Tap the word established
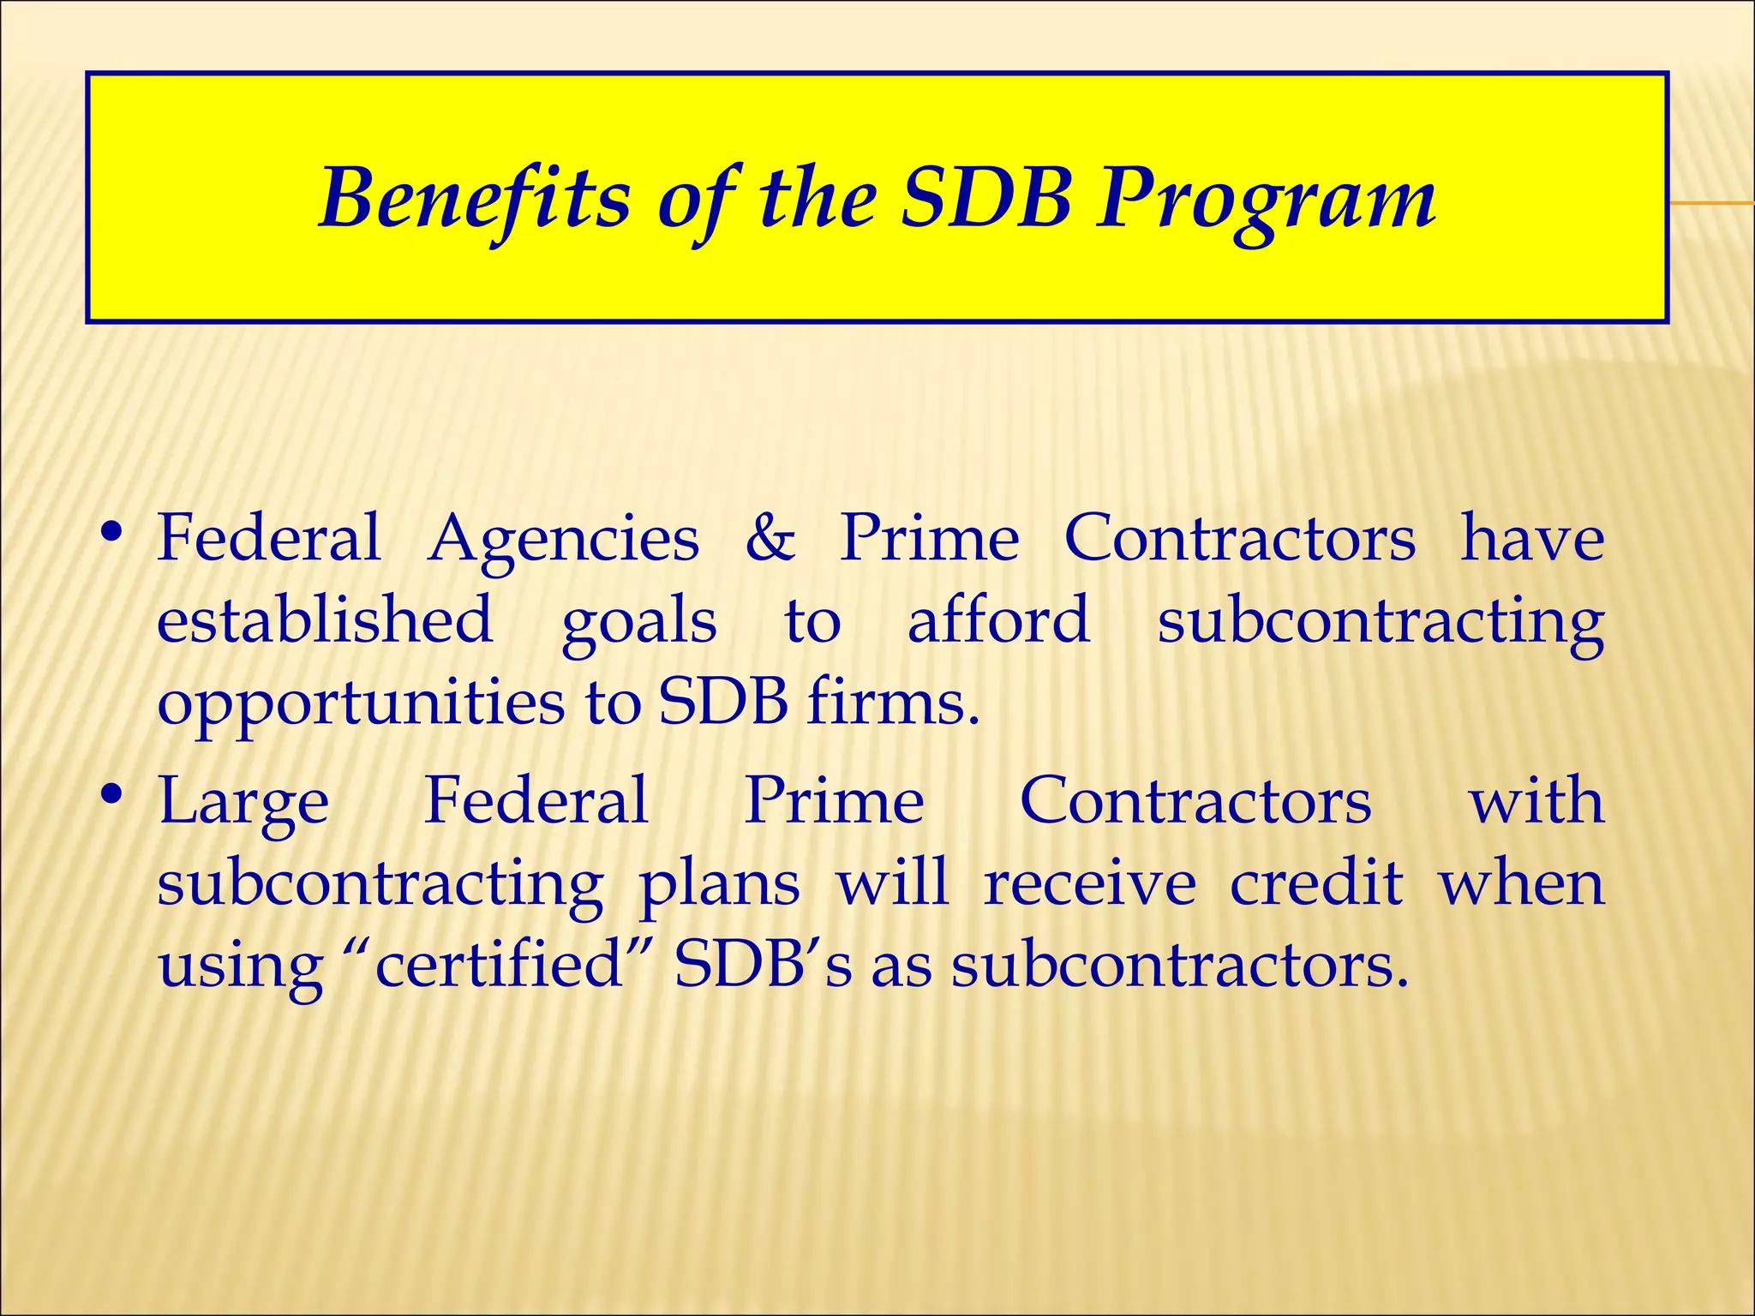click(x=325, y=619)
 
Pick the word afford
click(x=998, y=619)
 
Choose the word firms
click(x=892, y=703)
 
